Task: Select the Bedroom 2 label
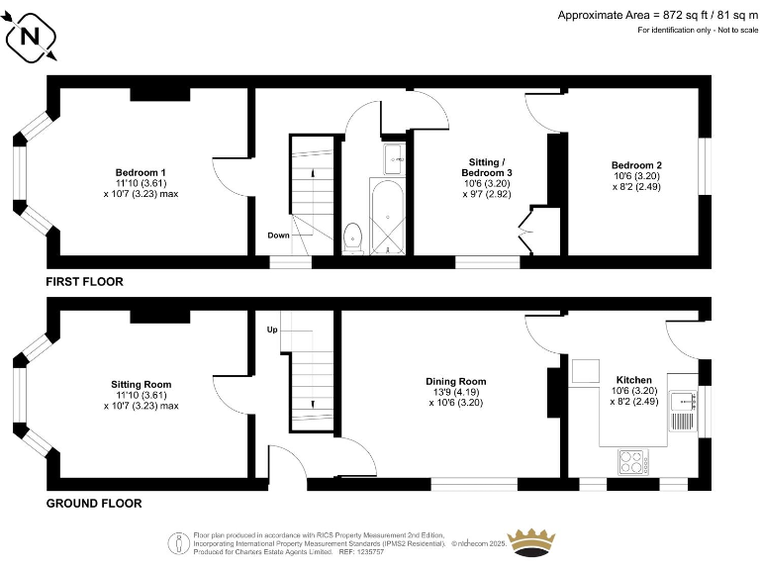(636, 165)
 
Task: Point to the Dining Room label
(455, 381)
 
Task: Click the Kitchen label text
(633, 380)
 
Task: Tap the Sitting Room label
(142, 384)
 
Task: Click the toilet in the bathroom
(352, 237)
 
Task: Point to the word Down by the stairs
(278, 236)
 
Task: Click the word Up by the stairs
(272, 329)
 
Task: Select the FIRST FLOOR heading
(85, 282)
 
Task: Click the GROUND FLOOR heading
(94, 504)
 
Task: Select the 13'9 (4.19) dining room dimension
(455, 392)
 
